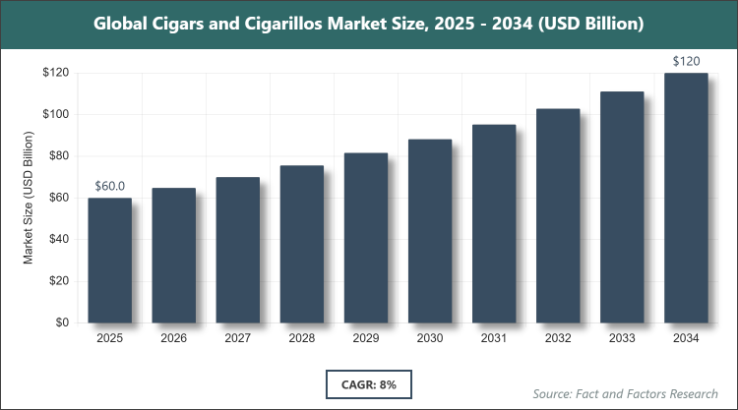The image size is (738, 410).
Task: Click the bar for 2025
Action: [x=110, y=261]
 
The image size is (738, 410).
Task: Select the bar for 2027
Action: [x=238, y=250]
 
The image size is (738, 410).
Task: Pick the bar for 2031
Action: [x=494, y=223]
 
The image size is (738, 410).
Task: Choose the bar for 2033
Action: [x=622, y=206]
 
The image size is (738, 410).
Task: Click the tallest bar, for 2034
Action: [x=686, y=198]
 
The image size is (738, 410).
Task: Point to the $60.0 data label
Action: [x=110, y=186]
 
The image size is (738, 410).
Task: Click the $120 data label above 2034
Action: [x=686, y=61]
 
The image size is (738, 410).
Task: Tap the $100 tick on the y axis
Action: [x=55, y=114]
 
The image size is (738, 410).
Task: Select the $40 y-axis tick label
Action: [x=58, y=239]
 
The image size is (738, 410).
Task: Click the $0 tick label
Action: [x=61, y=322]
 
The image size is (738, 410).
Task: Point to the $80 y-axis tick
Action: [x=58, y=155]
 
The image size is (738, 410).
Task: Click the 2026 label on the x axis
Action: [x=174, y=339]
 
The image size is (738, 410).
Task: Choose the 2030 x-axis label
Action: [x=430, y=339]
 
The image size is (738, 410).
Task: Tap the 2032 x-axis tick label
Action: [x=558, y=339]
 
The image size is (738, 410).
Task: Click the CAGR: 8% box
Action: [x=368, y=383]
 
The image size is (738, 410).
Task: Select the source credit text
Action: [x=625, y=393]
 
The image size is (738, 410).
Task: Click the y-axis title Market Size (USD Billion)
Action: [x=30, y=198]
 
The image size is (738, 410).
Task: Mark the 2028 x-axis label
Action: [x=302, y=339]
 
